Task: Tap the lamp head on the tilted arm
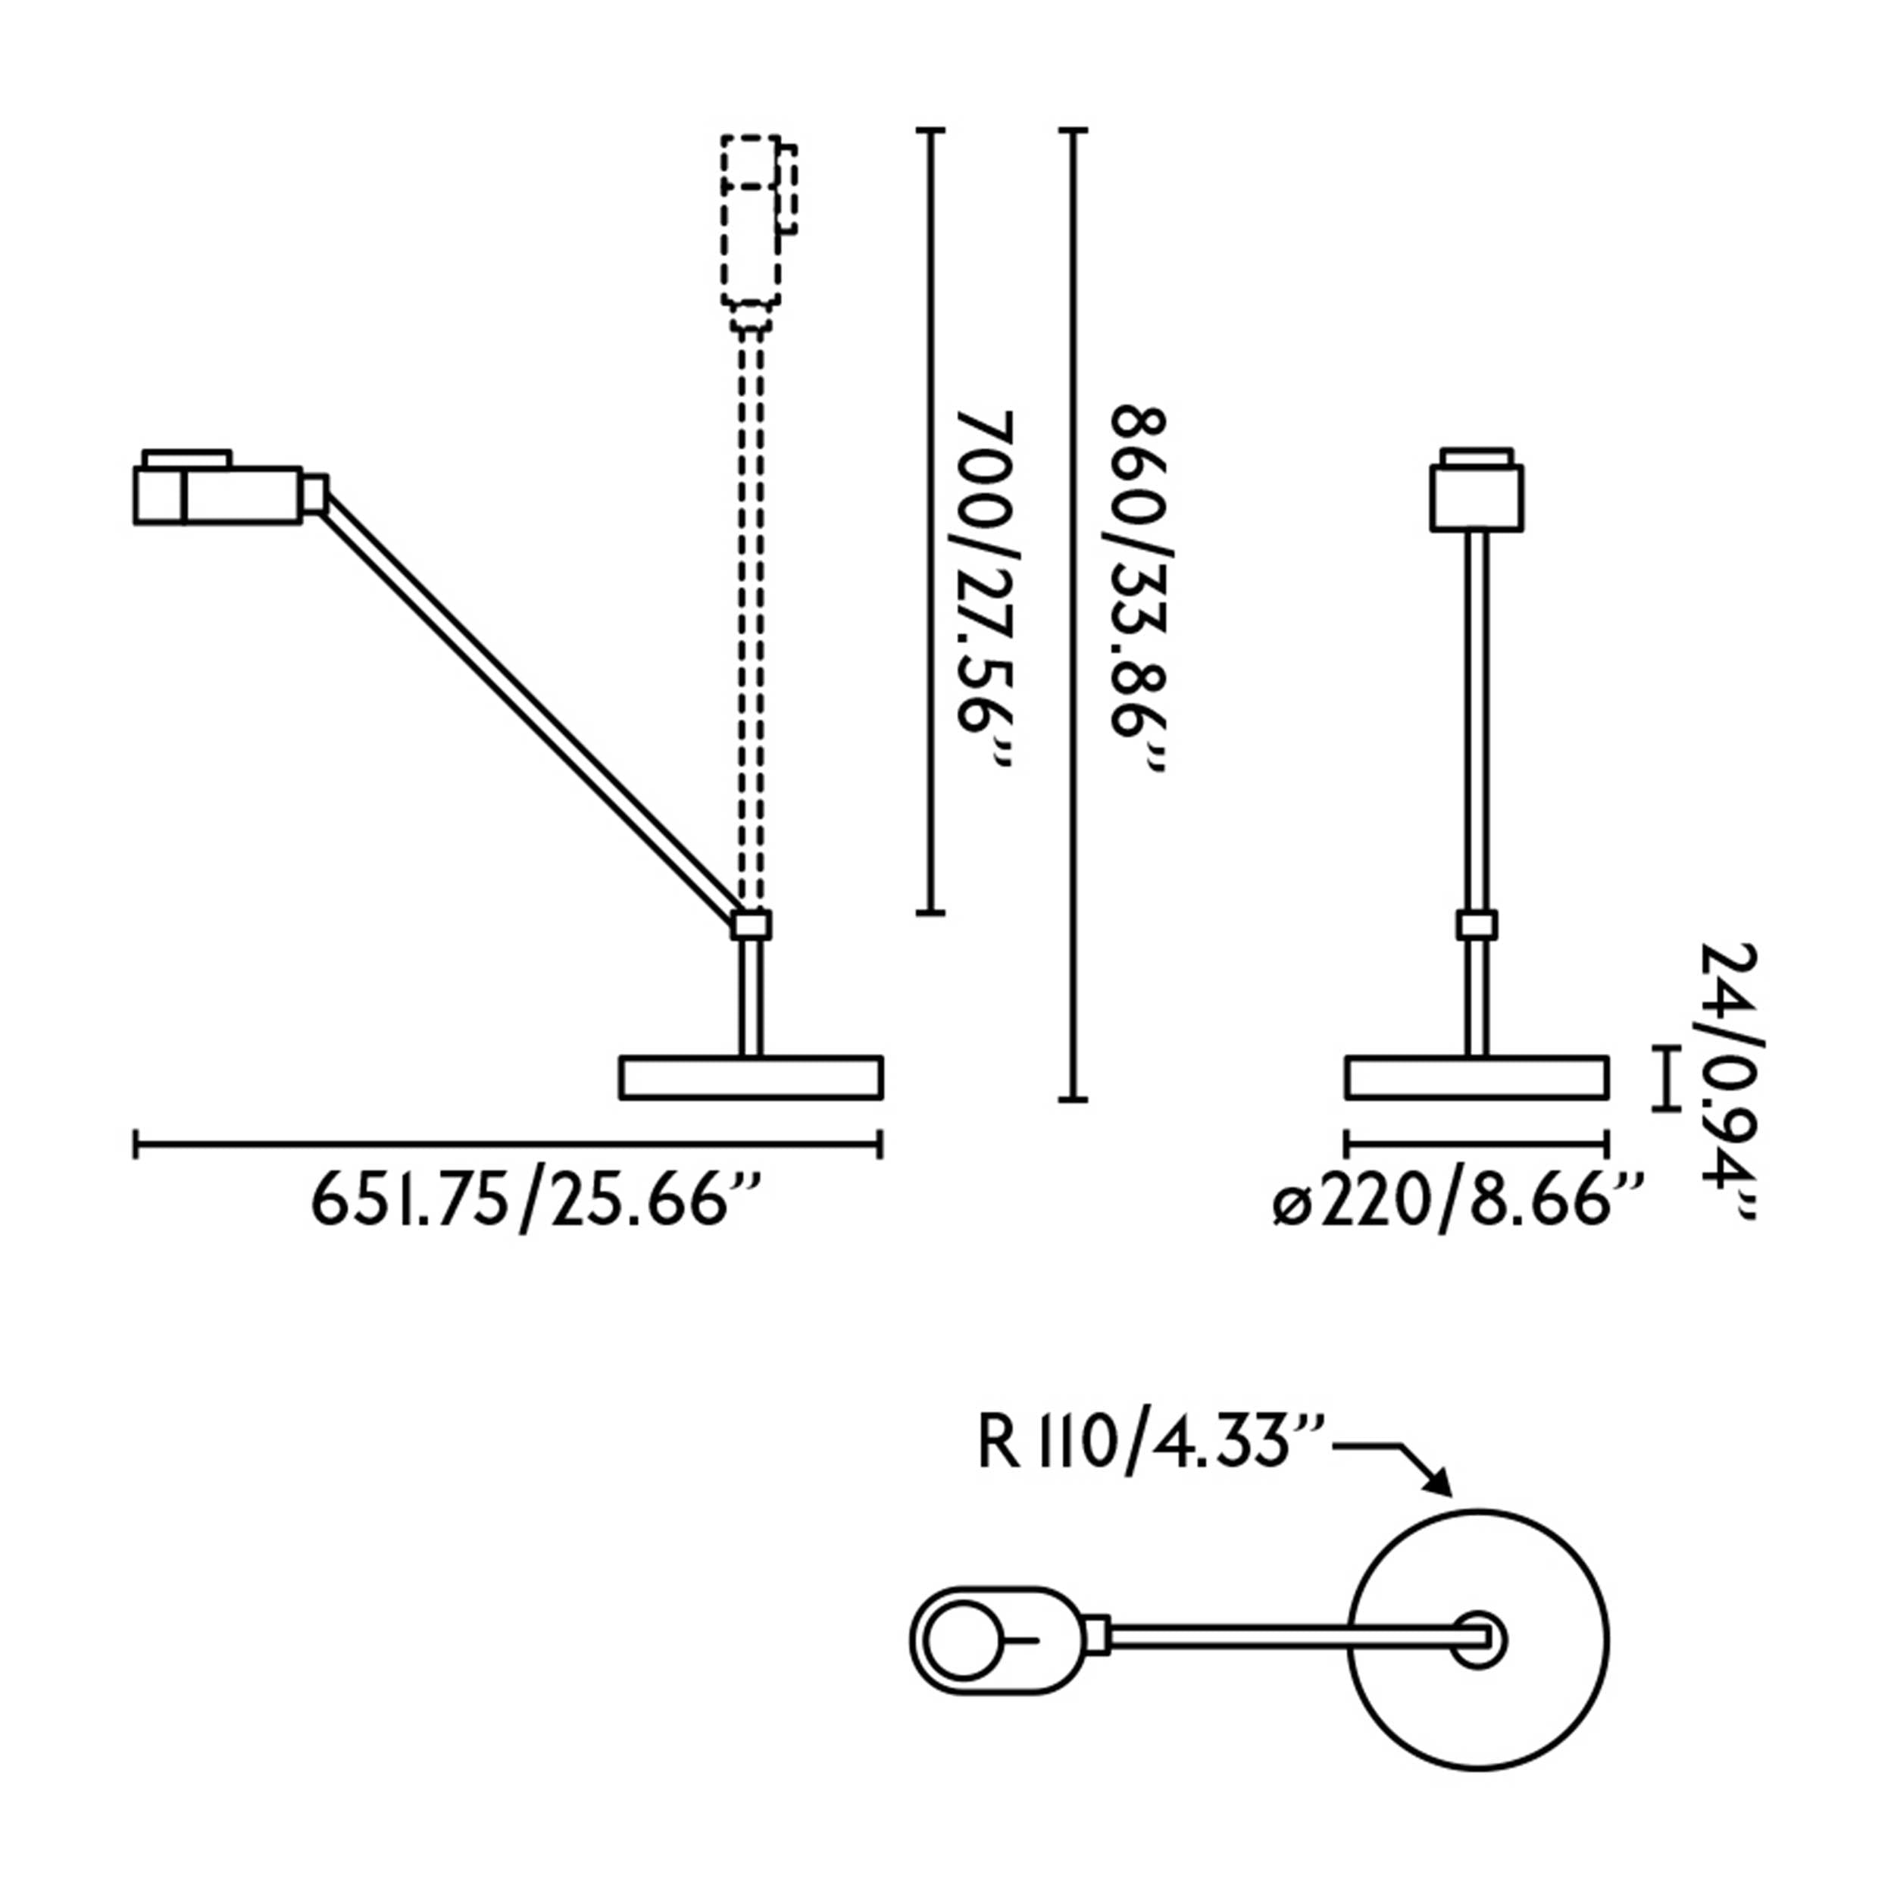pos(220,494)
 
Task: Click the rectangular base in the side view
pos(751,1077)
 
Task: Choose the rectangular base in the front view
pos(1477,1077)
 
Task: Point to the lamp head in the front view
pos(1477,495)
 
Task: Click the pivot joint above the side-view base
pos(752,924)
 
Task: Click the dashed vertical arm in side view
pos(751,617)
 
